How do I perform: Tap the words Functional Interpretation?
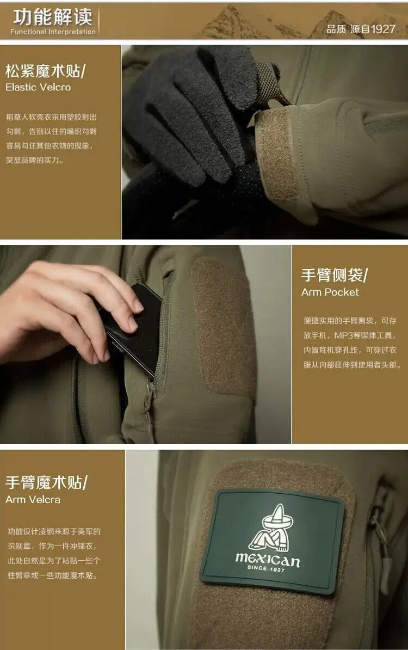coord(53,32)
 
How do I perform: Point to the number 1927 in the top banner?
coord(383,29)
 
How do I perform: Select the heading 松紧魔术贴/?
coord(46,71)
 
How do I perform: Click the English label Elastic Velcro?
coord(38,87)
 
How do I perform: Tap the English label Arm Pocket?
coord(330,292)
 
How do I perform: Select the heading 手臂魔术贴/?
coord(46,482)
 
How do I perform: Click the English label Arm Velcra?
coord(33,499)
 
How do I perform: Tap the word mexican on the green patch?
coord(267,558)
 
